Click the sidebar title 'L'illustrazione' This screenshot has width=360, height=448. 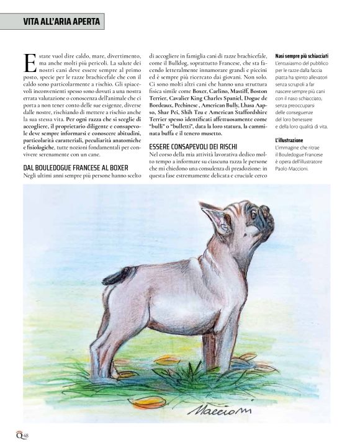pos(290,140)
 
